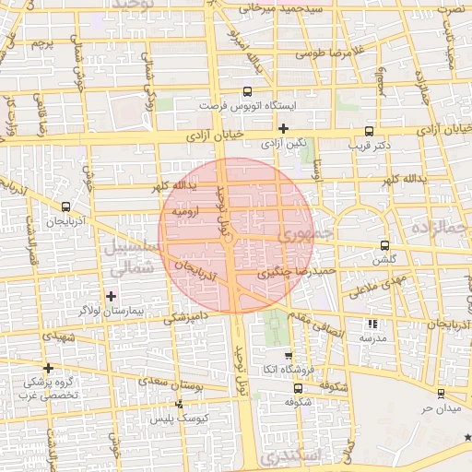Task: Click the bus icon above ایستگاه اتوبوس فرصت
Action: (246, 91)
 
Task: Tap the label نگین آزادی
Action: (283, 144)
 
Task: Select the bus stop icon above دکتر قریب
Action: (370, 131)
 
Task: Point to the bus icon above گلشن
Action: (385, 245)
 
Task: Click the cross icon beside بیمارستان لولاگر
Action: (112, 296)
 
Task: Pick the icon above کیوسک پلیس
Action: (179, 404)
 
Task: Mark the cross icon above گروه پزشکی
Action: (48, 367)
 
